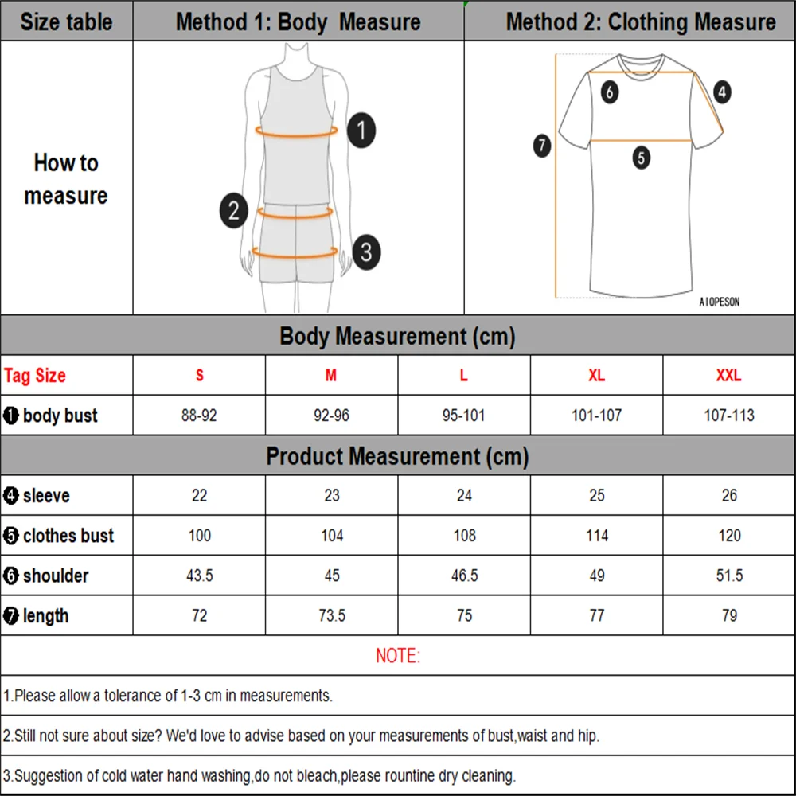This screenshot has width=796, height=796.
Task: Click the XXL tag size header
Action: point(728,376)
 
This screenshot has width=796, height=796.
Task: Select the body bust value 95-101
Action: point(464,416)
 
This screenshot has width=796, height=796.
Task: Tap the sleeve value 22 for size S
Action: point(199,496)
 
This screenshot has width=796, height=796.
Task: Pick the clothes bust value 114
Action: point(597,536)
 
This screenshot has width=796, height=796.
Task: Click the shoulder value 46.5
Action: point(464,576)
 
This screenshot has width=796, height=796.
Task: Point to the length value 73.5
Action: point(331,616)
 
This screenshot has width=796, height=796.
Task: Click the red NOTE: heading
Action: point(397,656)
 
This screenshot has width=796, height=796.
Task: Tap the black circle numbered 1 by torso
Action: point(362,130)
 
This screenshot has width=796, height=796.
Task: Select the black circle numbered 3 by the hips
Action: point(365,252)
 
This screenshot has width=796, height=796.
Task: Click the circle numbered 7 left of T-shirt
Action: point(542,146)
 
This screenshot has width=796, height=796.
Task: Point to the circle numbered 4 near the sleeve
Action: point(721,92)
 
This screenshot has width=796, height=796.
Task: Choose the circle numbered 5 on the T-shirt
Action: point(642,158)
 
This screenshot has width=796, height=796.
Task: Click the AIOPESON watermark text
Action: point(719,302)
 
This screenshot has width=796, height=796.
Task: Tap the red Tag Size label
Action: point(35,376)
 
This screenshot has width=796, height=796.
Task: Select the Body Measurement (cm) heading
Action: point(397,336)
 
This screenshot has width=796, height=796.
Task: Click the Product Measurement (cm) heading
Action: point(397,457)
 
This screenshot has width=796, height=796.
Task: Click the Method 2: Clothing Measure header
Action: point(640,21)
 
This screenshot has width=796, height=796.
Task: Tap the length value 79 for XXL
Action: point(729,616)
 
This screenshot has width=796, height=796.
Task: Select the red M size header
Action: point(331,376)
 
